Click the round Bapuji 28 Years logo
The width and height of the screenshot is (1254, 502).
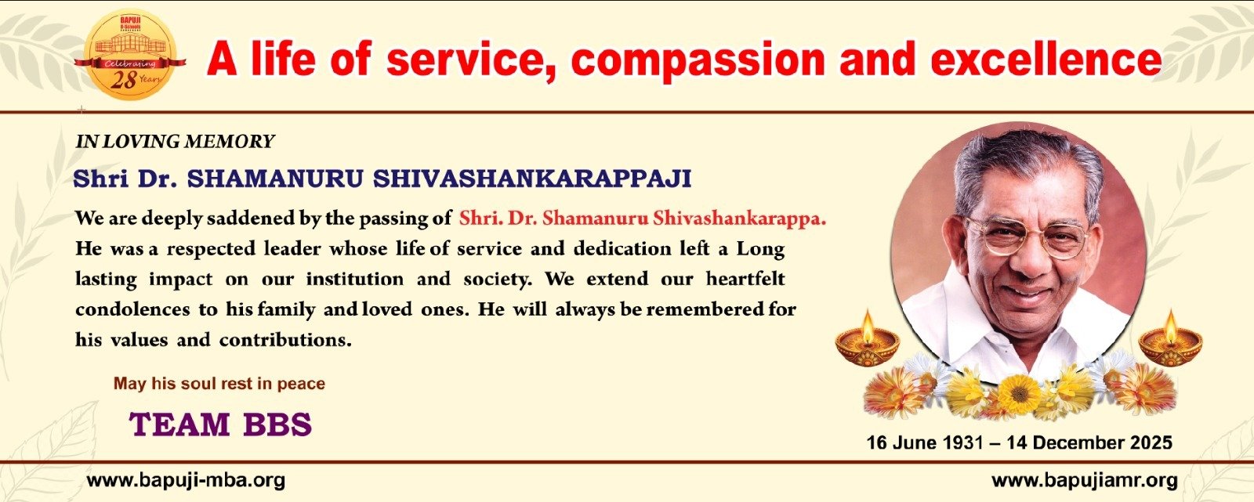point(130,55)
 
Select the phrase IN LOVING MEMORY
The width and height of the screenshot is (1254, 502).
point(175,142)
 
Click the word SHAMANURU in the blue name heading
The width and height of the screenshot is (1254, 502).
point(274,179)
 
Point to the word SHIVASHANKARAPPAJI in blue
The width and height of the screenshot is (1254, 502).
point(532,179)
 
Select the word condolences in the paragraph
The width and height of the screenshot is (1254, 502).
point(132,309)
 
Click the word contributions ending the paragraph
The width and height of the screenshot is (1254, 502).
point(285,340)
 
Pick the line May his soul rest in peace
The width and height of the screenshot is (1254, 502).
point(219,384)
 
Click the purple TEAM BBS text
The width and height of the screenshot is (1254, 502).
point(220,424)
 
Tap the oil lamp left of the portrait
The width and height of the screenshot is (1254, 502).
point(867,339)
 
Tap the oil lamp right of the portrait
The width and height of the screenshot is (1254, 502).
point(1171,339)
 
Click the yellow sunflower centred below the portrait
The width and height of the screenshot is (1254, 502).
point(1020,394)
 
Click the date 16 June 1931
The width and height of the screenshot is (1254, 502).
point(925,442)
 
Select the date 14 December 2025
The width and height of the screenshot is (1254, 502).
point(1089,442)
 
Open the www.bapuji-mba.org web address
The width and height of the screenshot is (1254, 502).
point(186,481)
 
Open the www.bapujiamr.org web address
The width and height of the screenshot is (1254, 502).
point(1085,481)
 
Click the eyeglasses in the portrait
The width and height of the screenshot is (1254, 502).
point(1029,237)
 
